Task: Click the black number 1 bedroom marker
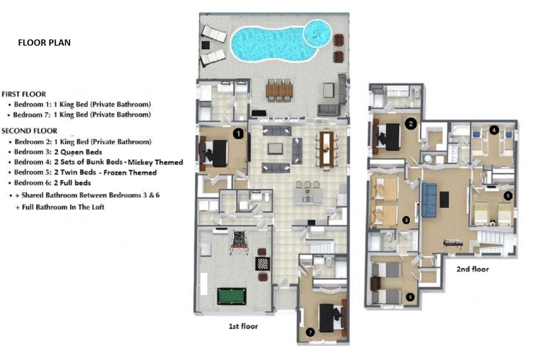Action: coord(238,134)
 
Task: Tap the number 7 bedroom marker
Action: coord(310,332)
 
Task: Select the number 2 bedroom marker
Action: coord(411,124)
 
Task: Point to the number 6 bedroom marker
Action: coord(410,297)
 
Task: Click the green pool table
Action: coord(232,296)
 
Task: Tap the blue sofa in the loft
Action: coord(429,200)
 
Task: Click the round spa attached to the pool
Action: coord(318,33)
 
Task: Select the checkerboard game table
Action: coord(263,264)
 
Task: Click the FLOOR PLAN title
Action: coord(44,43)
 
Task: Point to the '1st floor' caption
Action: coord(243,326)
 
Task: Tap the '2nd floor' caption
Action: coord(472,269)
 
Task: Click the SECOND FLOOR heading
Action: coord(30,131)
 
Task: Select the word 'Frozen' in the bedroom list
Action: coord(113,172)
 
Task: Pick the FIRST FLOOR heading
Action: coord(24,94)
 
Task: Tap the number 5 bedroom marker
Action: coord(508,196)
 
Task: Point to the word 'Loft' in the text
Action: coord(98,207)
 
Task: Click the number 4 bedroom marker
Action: coord(494,130)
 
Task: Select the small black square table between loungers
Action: coord(206,45)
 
